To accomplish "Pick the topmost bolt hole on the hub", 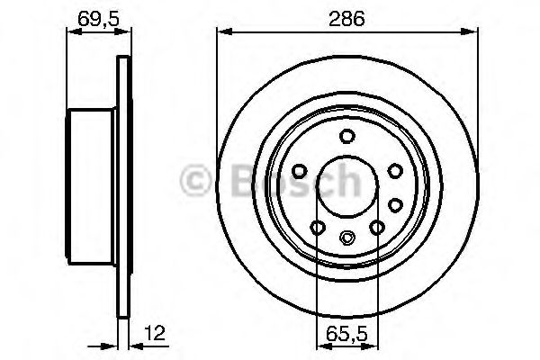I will (346, 137).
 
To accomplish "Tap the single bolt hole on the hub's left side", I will (300, 169).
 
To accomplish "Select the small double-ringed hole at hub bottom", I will (347, 238).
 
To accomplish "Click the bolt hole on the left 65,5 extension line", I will (316, 227).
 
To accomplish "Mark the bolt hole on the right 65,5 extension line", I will (377, 227).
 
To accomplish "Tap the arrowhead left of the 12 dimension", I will (112, 343).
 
